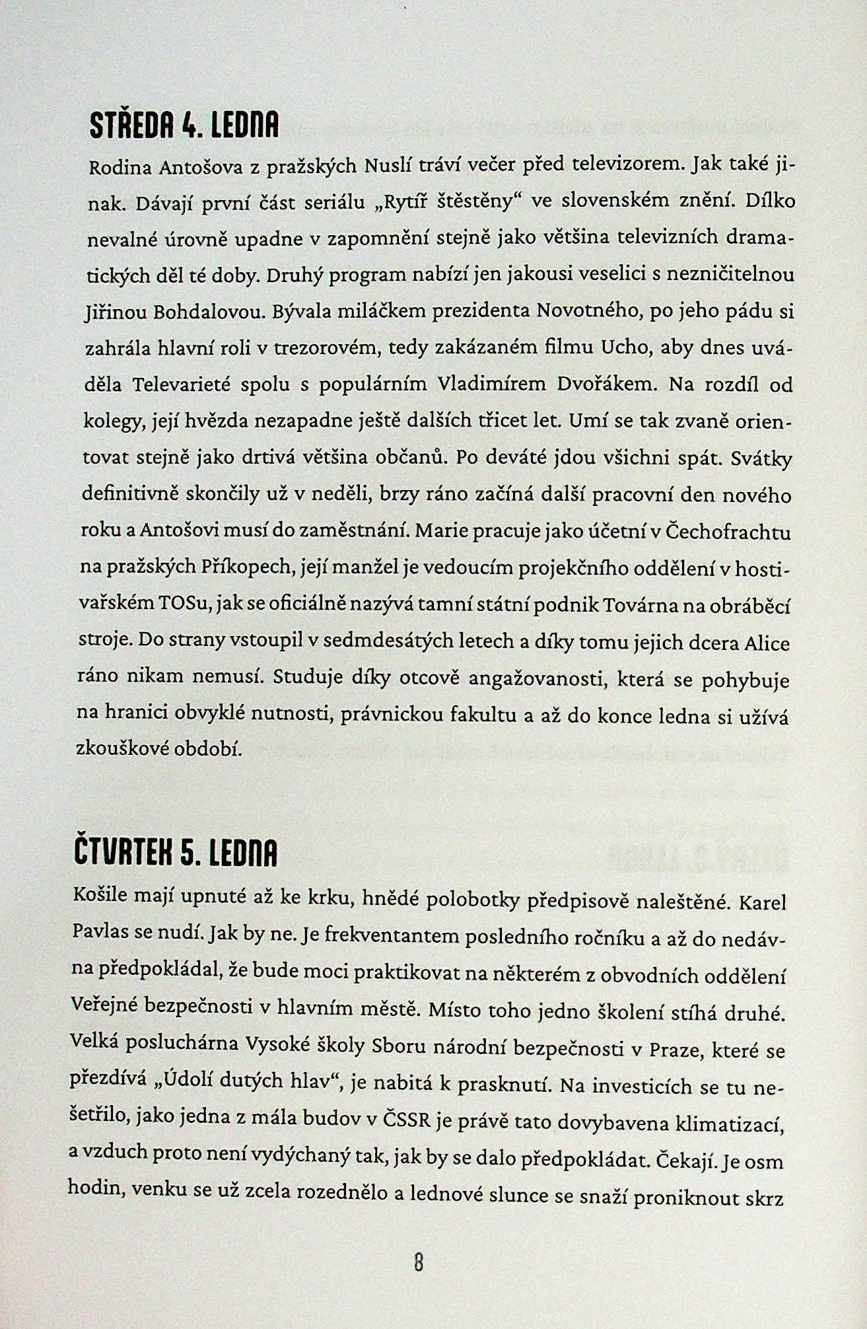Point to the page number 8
(x=418, y=1262)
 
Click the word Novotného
(x=590, y=310)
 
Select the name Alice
(x=767, y=643)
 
